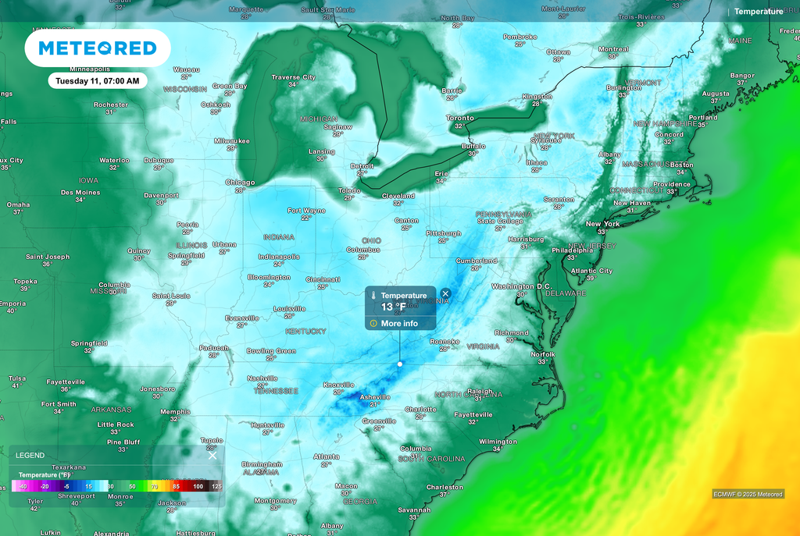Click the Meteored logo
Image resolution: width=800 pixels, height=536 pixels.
pos(98,48)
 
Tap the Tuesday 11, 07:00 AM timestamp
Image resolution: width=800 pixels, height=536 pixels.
pos(98,80)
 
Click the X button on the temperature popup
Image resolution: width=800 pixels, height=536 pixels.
pos(445,294)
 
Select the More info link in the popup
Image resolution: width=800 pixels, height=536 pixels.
pos(399,323)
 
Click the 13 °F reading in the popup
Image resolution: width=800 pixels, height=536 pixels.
pos(393,307)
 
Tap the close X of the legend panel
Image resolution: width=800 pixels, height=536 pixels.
pos(212,456)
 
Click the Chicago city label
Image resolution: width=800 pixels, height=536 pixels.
pos(240,182)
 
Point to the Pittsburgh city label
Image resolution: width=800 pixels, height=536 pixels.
pos(443,233)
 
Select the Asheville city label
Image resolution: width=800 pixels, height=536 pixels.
pos(374,396)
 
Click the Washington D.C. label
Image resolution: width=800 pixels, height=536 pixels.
pos(522,286)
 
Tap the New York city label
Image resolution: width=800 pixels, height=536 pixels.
pos(602,224)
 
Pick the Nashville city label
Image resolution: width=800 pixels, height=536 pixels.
pos(262,378)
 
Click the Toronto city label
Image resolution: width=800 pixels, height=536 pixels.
pos(460,118)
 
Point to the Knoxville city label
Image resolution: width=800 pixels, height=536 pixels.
pos(338,385)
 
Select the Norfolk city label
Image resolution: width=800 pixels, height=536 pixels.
pos(543,354)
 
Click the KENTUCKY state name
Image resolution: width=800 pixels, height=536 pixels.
pos(305,331)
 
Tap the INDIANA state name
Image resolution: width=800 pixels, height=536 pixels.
pos(279,236)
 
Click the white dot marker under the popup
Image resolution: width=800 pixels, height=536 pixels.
pos(400,364)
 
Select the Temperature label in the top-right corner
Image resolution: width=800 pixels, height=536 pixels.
pos(758,12)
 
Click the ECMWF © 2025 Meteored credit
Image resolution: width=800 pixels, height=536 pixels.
pos(748,494)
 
